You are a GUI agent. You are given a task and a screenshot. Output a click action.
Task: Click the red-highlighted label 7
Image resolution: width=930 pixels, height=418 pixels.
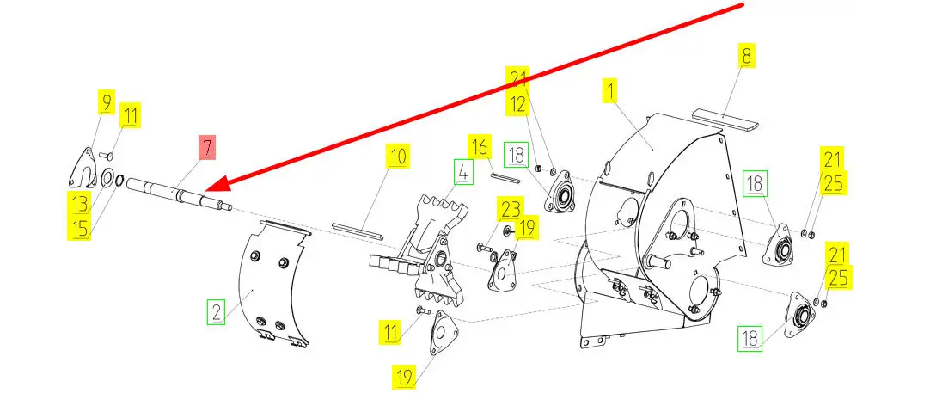(x=206, y=148)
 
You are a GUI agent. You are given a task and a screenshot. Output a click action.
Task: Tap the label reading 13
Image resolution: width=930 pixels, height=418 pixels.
(x=80, y=203)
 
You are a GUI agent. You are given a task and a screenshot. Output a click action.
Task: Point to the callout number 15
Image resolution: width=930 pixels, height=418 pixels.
(x=80, y=228)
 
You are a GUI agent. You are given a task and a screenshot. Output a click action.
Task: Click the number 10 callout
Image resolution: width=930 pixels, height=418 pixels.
(x=397, y=157)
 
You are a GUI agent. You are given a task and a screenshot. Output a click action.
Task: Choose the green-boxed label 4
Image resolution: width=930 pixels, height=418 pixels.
(x=462, y=172)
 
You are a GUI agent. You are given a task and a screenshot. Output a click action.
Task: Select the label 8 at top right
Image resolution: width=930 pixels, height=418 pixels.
(x=746, y=56)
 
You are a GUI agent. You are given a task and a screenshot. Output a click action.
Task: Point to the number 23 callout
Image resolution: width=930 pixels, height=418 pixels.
(x=511, y=209)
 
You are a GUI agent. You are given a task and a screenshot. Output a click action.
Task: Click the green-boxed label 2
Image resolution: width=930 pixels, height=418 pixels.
(x=215, y=310)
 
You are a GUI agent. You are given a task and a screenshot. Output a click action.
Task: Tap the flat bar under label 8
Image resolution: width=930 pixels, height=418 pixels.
(x=726, y=118)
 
